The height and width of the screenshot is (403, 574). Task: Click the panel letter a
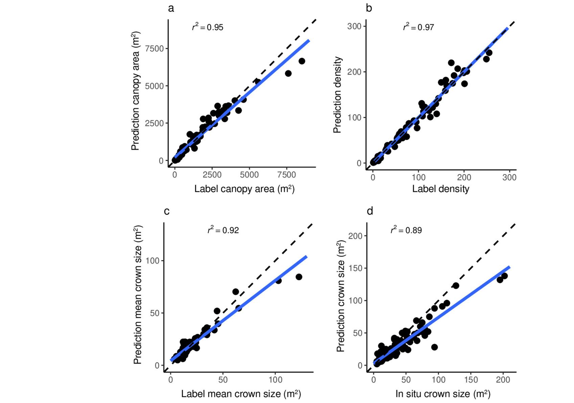pyautogui.click(x=171, y=8)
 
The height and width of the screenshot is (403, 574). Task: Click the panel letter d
pyautogui.click(x=370, y=211)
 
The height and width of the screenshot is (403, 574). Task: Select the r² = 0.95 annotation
pyautogui.click(x=208, y=27)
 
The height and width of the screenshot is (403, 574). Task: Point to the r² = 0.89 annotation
pyautogui.click(x=406, y=230)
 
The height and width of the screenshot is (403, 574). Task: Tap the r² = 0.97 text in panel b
pyautogui.click(x=418, y=27)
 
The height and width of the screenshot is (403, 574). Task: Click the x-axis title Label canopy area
pyautogui.click(x=244, y=189)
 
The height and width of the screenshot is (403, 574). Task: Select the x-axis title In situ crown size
pyautogui.click(x=443, y=394)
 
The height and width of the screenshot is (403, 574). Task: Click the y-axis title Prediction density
pyautogui.click(x=337, y=95)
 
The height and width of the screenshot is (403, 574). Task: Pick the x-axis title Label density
pyautogui.click(x=440, y=189)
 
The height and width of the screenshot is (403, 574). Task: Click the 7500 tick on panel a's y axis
pyautogui.click(x=154, y=49)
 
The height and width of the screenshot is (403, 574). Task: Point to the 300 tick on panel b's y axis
pyautogui.click(x=354, y=26)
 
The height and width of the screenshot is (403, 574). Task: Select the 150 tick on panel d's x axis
pyautogui.click(x=471, y=380)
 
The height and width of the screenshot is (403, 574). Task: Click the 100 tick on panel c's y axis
pyautogui.click(x=153, y=261)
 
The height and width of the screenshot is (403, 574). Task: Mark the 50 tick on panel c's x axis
pyautogui.click(x=223, y=380)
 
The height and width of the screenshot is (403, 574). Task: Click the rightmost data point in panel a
pyautogui.click(x=302, y=61)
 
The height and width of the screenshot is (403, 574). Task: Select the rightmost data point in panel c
pyautogui.click(x=299, y=277)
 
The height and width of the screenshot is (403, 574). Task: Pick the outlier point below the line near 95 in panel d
pyautogui.click(x=434, y=347)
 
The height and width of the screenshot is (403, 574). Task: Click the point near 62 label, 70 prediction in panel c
pyautogui.click(x=236, y=292)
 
